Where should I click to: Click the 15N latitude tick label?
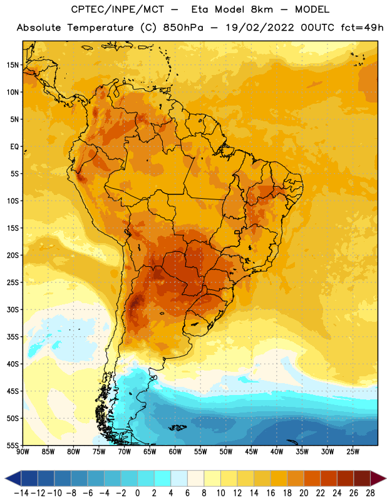click(x=13, y=65)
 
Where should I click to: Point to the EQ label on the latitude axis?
click(x=14, y=147)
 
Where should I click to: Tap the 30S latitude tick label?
click(x=13, y=309)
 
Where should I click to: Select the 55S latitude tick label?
click(x=13, y=445)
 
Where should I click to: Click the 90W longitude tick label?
click(x=23, y=452)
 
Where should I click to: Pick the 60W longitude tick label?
click(x=175, y=452)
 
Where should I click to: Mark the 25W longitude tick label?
click(x=353, y=452)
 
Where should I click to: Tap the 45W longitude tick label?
click(x=251, y=452)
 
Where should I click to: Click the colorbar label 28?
click(x=370, y=493)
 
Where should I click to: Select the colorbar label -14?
click(x=21, y=493)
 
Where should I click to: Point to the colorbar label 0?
click(x=137, y=493)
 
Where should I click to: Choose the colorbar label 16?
click(x=271, y=493)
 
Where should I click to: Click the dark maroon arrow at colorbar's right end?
click(x=378, y=478)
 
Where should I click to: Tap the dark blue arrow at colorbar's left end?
click(x=13, y=478)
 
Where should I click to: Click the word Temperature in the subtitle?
click(x=100, y=27)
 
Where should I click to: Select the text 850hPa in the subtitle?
click(x=183, y=27)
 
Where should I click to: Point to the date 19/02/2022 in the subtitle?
click(x=260, y=27)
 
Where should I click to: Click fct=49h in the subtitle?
click(x=362, y=27)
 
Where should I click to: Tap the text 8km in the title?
click(x=262, y=9)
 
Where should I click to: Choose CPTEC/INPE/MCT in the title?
click(x=118, y=9)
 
